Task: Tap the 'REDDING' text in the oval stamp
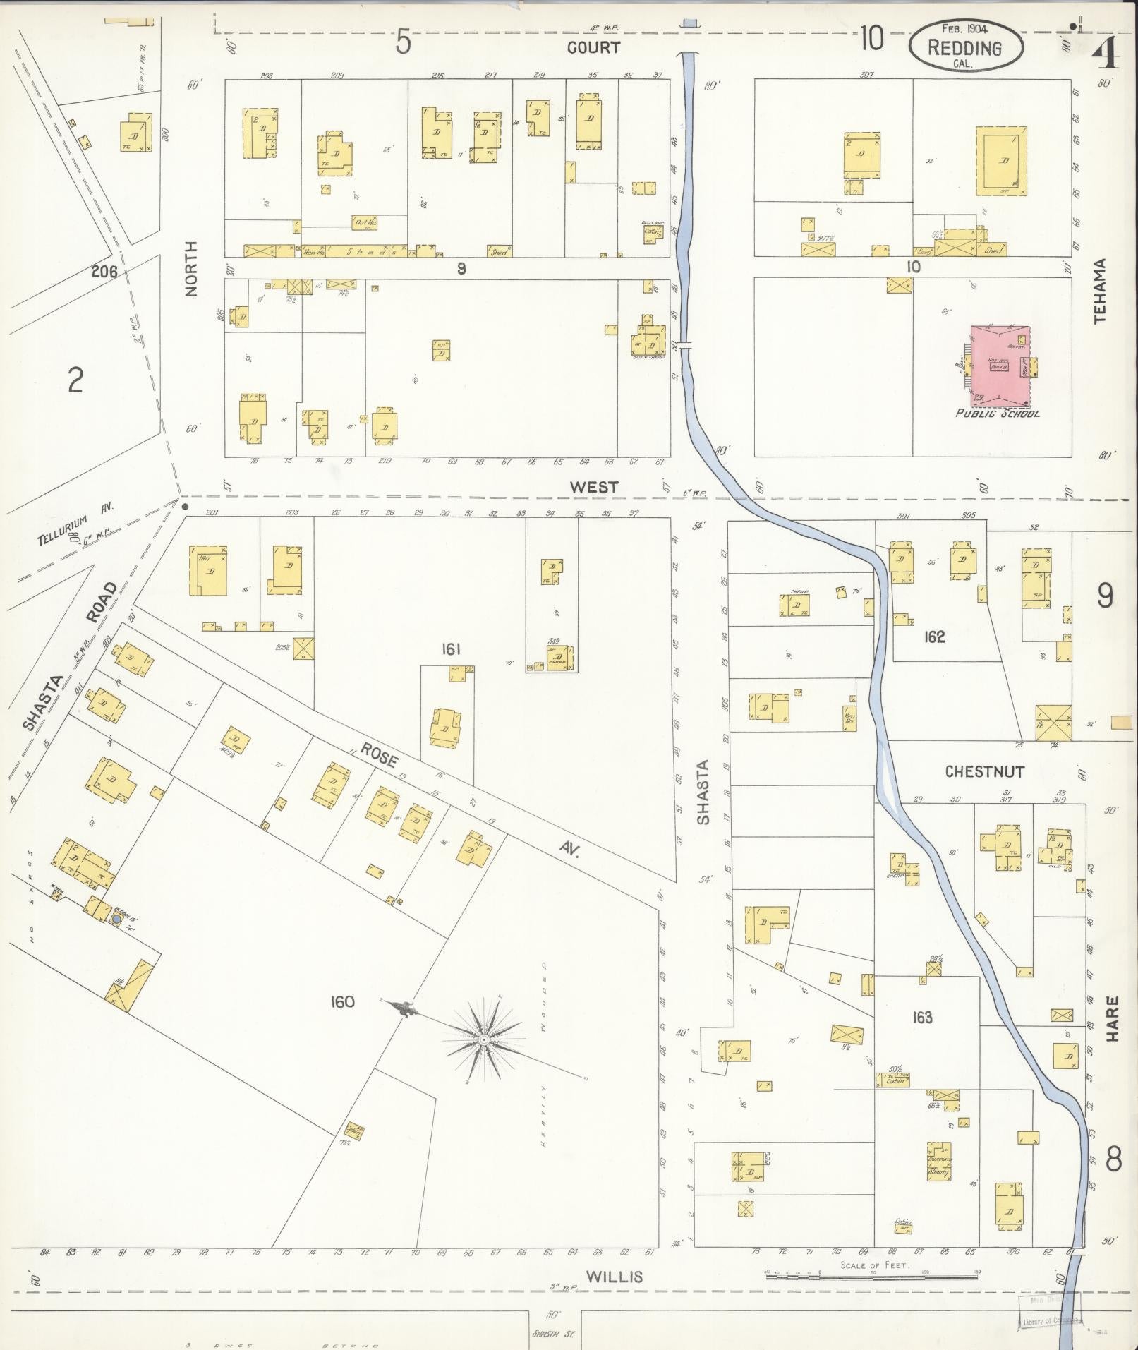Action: pyautogui.click(x=964, y=48)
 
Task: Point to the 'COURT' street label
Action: pyautogui.click(x=594, y=47)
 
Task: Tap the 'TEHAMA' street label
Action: pyautogui.click(x=1101, y=291)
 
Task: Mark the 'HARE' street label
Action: pyautogui.click(x=1113, y=1018)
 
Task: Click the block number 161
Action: pyautogui.click(x=451, y=649)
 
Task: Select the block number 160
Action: pyautogui.click(x=341, y=1001)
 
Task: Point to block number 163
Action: pyautogui.click(x=922, y=1017)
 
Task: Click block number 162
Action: pyautogui.click(x=934, y=637)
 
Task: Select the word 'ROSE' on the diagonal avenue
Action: pyautogui.click(x=379, y=756)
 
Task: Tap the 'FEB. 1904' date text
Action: pyautogui.click(x=964, y=29)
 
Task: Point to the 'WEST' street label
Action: pyautogui.click(x=594, y=487)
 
